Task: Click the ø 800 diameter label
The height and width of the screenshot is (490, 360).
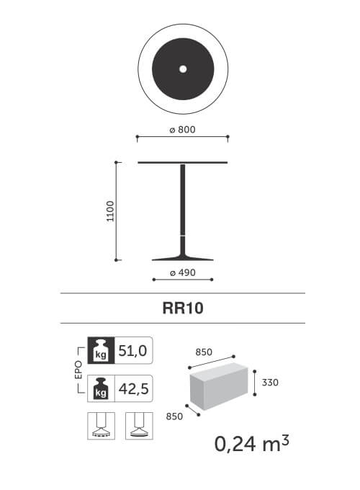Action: pos(182,130)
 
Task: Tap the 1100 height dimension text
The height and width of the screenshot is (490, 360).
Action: pos(111,211)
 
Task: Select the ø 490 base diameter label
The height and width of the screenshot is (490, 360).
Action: pos(183,272)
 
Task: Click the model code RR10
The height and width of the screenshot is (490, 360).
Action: pos(183,308)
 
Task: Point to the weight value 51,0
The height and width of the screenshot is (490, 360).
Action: pos(132,351)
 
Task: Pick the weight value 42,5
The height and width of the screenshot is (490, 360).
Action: pos(133,388)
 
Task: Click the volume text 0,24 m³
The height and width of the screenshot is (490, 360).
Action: pos(252,443)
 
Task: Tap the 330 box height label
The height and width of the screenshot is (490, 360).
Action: pos(270,383)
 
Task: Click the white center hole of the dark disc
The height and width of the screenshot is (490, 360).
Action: pos(183,69)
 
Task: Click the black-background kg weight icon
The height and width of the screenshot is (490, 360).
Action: pos(101,350)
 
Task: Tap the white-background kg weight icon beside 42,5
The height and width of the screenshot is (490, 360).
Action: pos(101,388)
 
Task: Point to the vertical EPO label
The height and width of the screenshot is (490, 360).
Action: pos(78,370)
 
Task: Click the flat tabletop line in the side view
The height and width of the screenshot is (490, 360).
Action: pos(183,163)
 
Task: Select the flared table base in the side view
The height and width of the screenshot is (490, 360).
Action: pos(183,253)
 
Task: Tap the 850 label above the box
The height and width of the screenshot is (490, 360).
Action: pos(204,352)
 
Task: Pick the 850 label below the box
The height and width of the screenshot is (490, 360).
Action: pos(174,416)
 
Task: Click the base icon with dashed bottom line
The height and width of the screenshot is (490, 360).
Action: pos(102,426)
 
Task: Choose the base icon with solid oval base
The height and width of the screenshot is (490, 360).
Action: pos(139,426)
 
